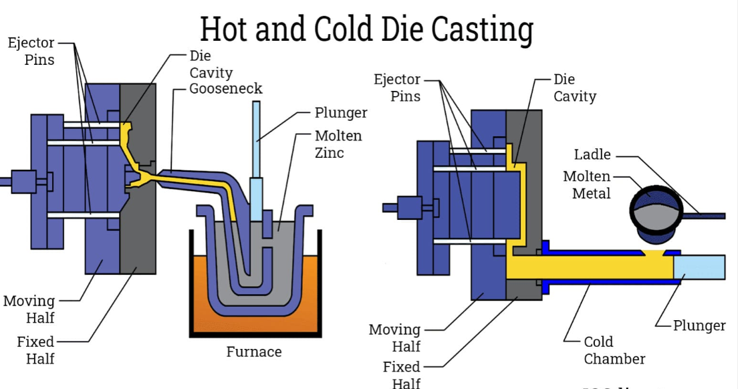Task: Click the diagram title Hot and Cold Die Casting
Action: tap(367, 30)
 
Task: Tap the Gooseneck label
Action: tap(226, 88)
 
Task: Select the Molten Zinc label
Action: tap(338, 144)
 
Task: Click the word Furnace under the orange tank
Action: tap(254, 352)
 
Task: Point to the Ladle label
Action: tap(592, 154)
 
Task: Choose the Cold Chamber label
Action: tap(614, 350)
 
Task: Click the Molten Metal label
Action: tap(587, 185)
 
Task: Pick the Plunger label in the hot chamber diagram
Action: tap(341, 113)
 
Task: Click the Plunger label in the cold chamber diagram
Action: tap(699, 326)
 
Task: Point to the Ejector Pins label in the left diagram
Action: tap(31, 51)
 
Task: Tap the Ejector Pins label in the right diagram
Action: tap(397, 88)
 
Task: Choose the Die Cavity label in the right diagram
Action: tap(574, 88)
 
